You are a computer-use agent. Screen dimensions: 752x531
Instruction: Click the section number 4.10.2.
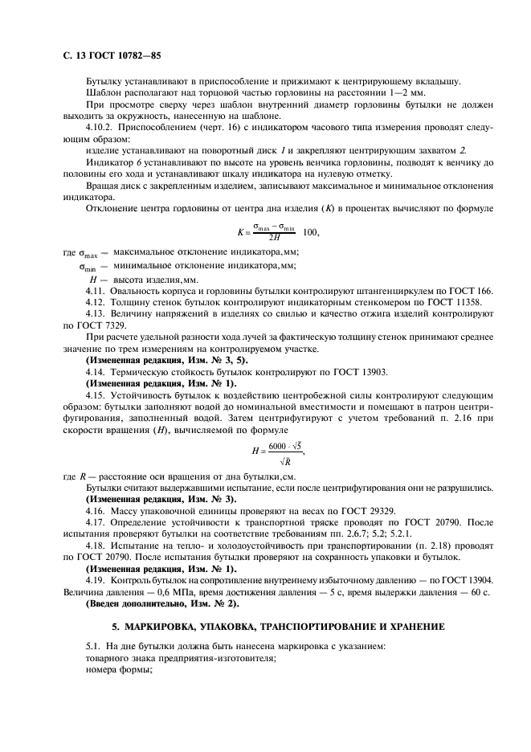(x=101, y=127)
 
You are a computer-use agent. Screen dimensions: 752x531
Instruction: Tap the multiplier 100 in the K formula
(x=308, y=232)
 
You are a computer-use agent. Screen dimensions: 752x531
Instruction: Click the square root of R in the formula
(x=285, y=461)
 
